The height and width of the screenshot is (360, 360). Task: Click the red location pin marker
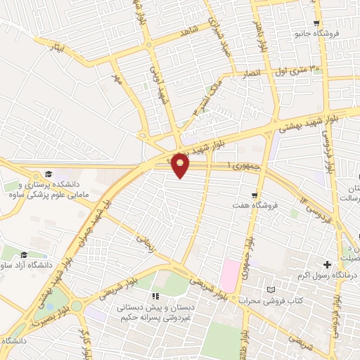[181, 165]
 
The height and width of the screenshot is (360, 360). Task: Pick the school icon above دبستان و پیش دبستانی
[156, 297]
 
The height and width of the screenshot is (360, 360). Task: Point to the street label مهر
[115, 79]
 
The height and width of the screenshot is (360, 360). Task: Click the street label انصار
[251, 73]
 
